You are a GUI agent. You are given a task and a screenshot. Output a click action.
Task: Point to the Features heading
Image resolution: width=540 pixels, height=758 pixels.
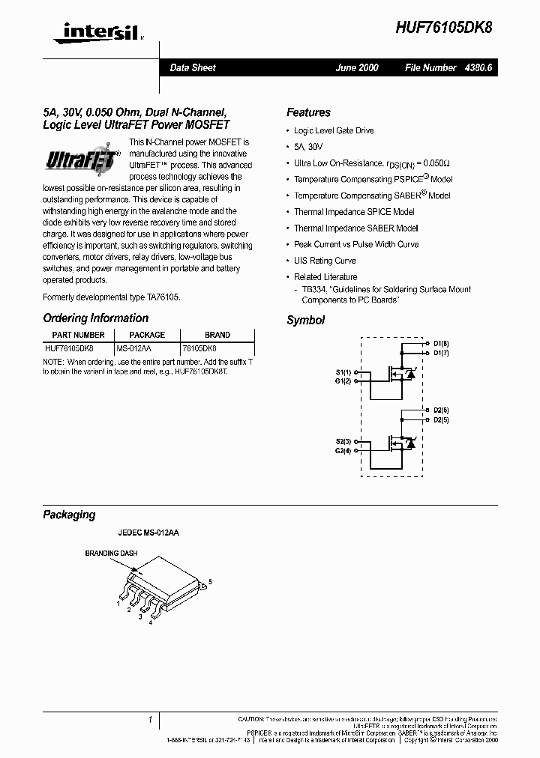click(308, 112)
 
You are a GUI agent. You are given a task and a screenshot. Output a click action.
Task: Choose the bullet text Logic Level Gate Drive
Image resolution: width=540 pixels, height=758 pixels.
click(333, 130)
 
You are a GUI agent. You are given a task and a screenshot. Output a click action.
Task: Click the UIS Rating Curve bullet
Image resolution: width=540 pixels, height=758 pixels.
click(324, 261)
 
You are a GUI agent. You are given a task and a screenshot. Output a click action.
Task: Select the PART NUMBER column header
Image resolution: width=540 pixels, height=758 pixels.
click(78, 335)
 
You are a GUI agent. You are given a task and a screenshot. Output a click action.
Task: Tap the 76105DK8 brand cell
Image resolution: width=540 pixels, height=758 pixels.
click(199, 348)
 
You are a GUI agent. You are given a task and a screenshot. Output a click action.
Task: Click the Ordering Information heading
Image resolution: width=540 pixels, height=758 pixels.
click(95, 318)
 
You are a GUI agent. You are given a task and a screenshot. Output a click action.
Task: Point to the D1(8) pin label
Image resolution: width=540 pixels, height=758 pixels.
click(441, 344)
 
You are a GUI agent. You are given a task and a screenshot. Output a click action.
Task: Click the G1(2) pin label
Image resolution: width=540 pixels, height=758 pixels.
click(343, 381)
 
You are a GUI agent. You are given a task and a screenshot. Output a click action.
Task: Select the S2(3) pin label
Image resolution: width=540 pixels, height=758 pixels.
click(343, 442)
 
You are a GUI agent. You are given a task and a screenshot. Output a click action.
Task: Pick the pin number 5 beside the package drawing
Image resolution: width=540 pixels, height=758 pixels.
click(210, 582)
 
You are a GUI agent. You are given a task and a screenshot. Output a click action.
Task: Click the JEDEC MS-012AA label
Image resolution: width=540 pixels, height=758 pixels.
click(148, 533)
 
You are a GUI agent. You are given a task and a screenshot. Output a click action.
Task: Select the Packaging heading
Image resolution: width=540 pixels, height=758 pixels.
click(69, 515)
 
